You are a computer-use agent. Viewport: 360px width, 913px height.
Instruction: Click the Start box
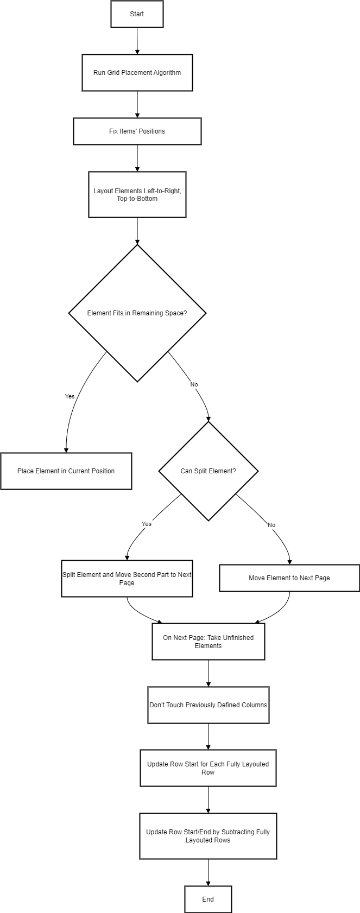coord(137,14)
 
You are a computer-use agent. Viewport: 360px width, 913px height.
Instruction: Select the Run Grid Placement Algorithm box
coord(137,73)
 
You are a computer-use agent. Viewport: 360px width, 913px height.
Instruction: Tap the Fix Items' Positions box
coord(137,131)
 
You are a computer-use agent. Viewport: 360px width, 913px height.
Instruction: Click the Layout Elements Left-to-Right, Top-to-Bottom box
coord(137,195)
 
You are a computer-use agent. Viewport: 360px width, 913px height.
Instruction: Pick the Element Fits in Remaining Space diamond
coord(137,313)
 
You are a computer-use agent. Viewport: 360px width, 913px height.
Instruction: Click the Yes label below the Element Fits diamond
coord(70,397)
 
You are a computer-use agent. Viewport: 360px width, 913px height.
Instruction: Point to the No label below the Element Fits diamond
coord(194,385)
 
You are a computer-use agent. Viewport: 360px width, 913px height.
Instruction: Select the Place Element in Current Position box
coord(66,471)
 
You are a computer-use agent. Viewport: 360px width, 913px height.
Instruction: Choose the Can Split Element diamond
coord(208,471)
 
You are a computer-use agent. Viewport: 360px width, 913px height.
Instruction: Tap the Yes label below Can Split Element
coord(147,524)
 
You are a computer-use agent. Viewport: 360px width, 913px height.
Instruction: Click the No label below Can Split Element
coord(271,525)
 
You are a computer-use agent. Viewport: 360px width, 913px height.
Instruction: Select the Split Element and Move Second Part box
coord(127,579)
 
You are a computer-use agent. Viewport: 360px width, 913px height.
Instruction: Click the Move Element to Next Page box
coord(289,578)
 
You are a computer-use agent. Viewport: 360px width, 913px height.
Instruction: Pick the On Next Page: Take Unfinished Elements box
coord(208,642)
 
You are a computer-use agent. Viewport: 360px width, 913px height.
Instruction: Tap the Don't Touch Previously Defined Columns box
coord(208,705)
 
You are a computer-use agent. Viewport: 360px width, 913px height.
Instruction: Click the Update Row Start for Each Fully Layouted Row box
coord(208,768)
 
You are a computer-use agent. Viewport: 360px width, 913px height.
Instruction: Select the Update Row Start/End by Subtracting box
coord(208,836)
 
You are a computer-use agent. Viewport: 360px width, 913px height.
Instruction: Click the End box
coord(208,899)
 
